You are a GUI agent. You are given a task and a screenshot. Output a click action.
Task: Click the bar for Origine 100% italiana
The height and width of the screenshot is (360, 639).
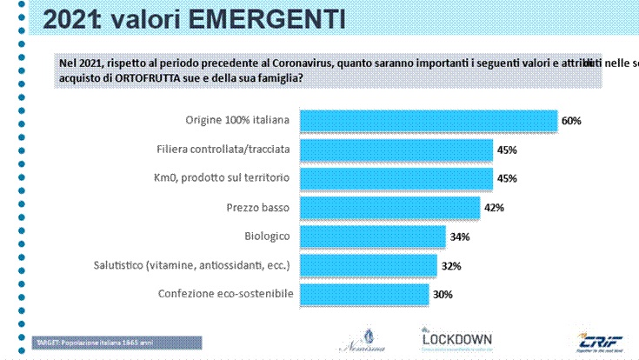[x=428, y=120]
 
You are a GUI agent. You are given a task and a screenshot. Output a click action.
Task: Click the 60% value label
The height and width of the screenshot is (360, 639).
[x=570, y=121]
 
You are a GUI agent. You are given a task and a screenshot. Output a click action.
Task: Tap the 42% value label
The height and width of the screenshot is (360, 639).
[x=493, y=208]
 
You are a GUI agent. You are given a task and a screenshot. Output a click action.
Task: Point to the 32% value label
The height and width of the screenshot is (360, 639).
[x=450, y=266]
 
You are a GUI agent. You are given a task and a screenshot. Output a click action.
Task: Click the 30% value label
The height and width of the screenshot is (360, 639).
[x=443, y=295]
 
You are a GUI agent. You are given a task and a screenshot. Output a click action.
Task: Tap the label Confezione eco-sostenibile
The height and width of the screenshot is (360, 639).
[x=225, y=294]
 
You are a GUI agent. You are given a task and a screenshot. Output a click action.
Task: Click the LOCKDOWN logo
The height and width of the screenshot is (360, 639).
[x=456, y=338]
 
